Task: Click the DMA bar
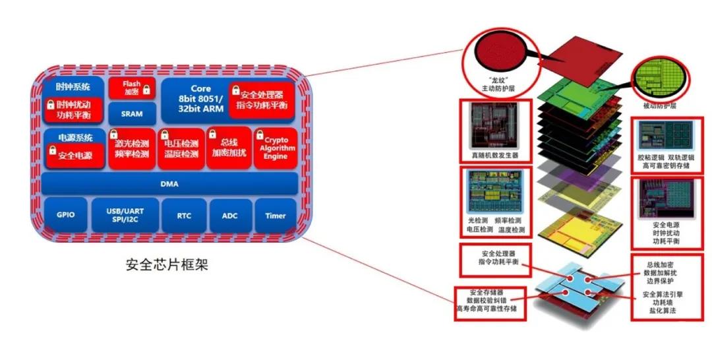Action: pyautogui.click(x=169, y=184)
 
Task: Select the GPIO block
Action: pyautogui.click(x=66, y=215)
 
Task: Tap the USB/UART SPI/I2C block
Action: pyautogui.click(x=125, y=215)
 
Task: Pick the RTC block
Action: pyautogui.click(x=184, y=216)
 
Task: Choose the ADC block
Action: pyautogui.click(x=230, y=216)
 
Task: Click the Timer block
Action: pyautogui.click(x=276, y=216)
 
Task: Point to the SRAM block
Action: pyautogui.click(x=132, y=113)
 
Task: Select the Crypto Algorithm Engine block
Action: pyautogui.click(x=275, y=148)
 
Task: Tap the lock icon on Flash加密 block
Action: pyautogui.click(x=146, y=90)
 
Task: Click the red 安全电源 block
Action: pyautogui.click(x=75, y=155)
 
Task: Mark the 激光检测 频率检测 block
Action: pyautogui.click(x=132, y=148)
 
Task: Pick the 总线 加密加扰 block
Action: pyautogui.click(x=229, y=148)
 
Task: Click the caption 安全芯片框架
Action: pyautogui.click(x=167, y=264)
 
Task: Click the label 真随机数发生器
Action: pyautogui.click(x=495, y=155)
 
